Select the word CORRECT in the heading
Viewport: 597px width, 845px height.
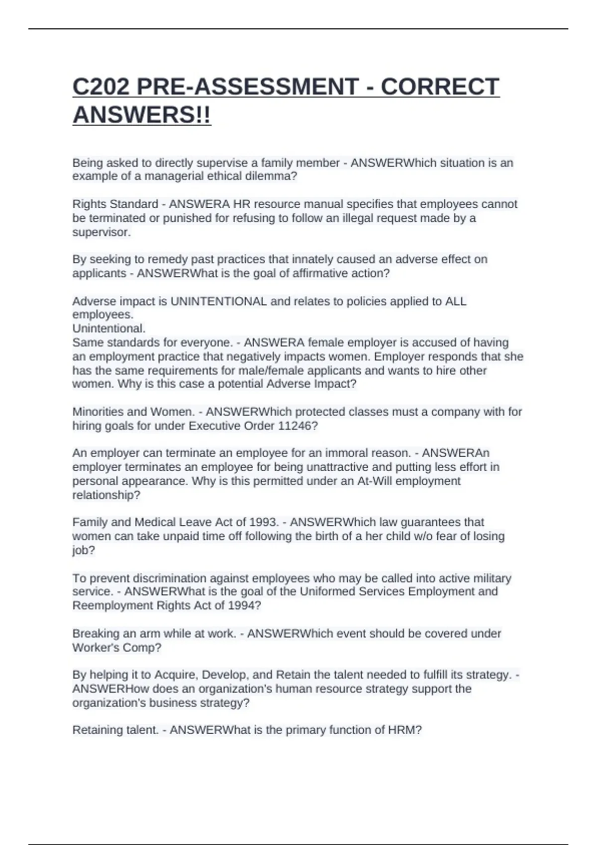coord(440,86)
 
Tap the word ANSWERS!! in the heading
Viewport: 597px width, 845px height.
coord(142,115)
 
